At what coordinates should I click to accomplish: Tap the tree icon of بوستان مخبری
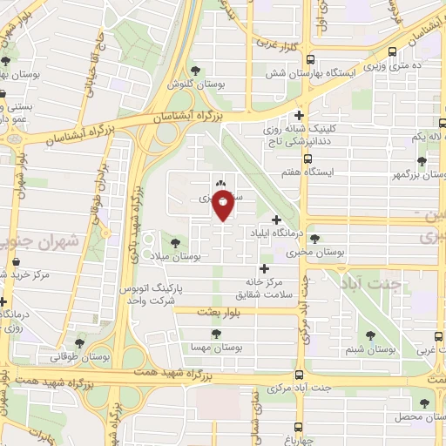(x=314, y=239)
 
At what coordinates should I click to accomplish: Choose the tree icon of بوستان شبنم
(x=372, y=334)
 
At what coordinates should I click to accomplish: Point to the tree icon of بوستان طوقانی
(x=81, y=342)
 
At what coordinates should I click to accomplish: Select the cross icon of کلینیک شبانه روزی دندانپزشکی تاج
(x=299, y=115)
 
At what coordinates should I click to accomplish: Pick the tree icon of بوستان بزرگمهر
(x=422, y=161)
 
